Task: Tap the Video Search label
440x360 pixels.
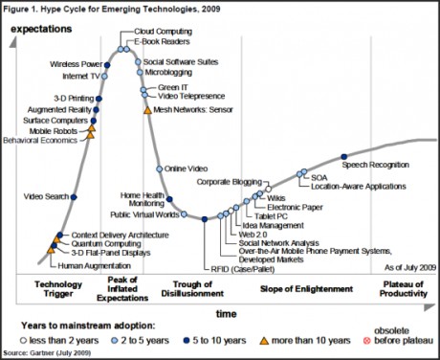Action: [45, 198]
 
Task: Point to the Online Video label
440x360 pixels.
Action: [187, 169]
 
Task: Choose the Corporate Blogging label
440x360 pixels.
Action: [229, 180]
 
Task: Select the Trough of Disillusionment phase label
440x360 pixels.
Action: [200, 290]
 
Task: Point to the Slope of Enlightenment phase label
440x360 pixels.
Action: [297, 284]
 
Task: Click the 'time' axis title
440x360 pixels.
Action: [226, 313]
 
